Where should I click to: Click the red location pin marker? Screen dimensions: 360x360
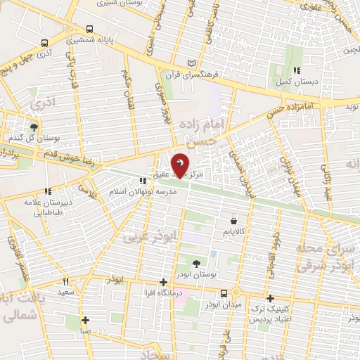coord(181,165)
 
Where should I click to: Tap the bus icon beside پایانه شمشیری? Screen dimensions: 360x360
coord(89,30)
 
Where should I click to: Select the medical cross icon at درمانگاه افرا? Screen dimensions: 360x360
coord(163,281)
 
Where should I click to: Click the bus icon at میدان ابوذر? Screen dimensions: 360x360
coord(223,292)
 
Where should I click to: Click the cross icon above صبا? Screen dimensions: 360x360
coord(86,319)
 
